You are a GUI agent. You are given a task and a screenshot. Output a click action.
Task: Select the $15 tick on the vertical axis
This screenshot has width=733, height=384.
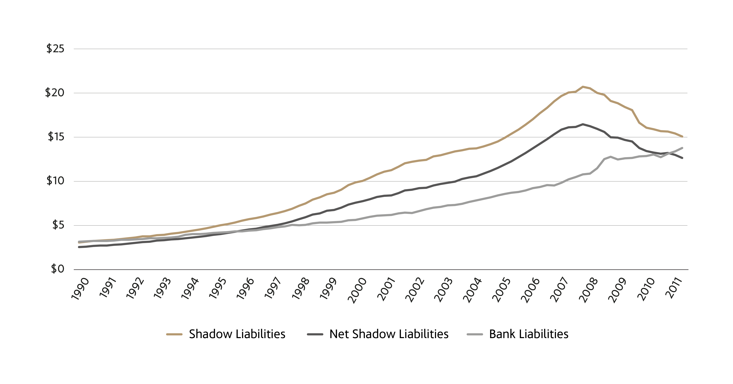56,137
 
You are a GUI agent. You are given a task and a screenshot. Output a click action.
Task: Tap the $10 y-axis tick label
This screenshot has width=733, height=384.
55,181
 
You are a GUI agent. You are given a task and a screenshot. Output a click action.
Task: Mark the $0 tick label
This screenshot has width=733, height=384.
58,269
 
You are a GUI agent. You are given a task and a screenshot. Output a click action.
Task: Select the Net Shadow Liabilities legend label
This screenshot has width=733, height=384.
389,334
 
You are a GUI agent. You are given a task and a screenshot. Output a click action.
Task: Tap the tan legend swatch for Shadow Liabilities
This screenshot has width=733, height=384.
174,334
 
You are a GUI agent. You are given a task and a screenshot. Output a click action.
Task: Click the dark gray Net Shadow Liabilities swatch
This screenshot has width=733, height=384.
315,334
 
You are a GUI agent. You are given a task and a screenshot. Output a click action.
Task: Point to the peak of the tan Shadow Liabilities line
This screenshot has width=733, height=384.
583,86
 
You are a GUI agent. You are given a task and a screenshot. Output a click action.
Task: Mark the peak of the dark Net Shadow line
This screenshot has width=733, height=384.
583,124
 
